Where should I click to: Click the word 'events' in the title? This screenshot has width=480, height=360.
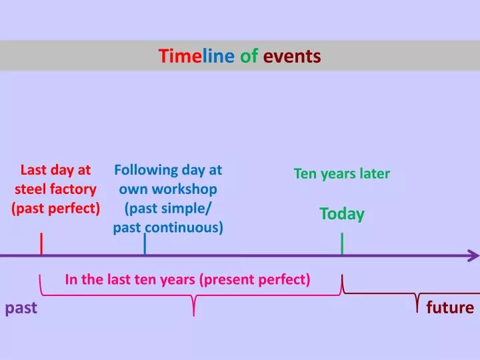coord(292,56)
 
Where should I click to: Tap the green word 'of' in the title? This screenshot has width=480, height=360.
coord(249,56)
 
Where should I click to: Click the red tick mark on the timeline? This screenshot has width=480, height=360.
coord(42,244)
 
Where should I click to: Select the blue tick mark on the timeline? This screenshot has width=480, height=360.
coord(145,244)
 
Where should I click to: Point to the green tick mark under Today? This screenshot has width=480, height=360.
coord(342,244)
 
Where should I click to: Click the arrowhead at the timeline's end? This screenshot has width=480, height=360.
coord(474,255)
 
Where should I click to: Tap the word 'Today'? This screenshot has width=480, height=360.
coord(342,214)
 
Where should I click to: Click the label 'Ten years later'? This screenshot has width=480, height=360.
coord(342,174)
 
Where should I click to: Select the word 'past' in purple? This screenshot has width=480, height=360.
coord(21,307)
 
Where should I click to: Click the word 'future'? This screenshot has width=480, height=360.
coord(450,307)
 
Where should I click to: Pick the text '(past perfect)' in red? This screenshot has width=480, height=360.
coord(56,208)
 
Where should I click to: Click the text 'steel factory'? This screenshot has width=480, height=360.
coord(56,189)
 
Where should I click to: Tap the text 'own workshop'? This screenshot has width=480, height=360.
coord(168,189)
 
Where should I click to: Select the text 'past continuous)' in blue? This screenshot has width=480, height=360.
coord(168,227)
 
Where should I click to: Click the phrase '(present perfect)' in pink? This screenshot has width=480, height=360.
coord(255,279)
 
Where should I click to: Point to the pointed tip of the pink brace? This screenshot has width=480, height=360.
coord(193,314)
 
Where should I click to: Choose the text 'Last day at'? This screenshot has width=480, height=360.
coord(56,170)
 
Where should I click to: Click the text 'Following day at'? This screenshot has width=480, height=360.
coord(168,170)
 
